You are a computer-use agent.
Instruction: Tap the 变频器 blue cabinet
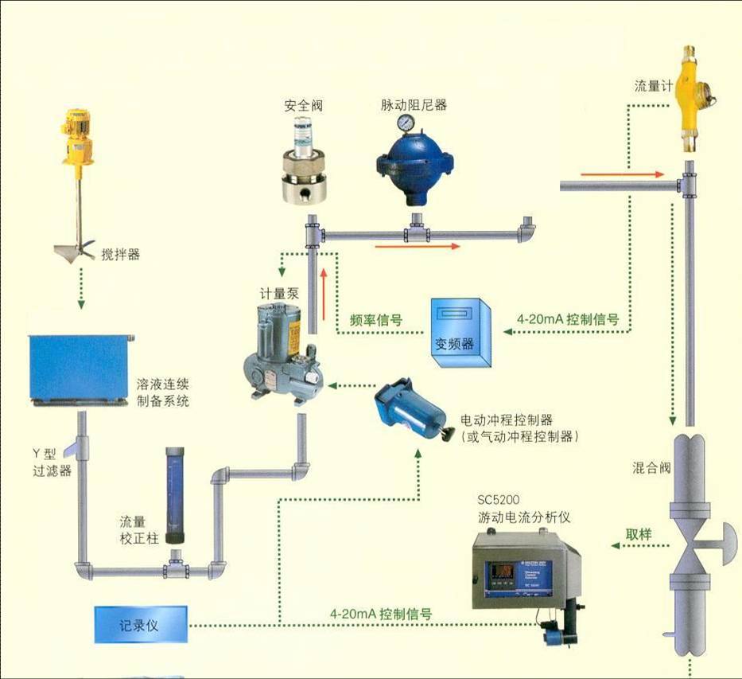(x=460, y=332)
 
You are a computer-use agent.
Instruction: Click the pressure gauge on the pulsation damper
(x=406, y=122)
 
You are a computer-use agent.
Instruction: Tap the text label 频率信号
(x=376, y=320)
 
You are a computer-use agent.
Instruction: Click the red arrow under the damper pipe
(x=418, y=246)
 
